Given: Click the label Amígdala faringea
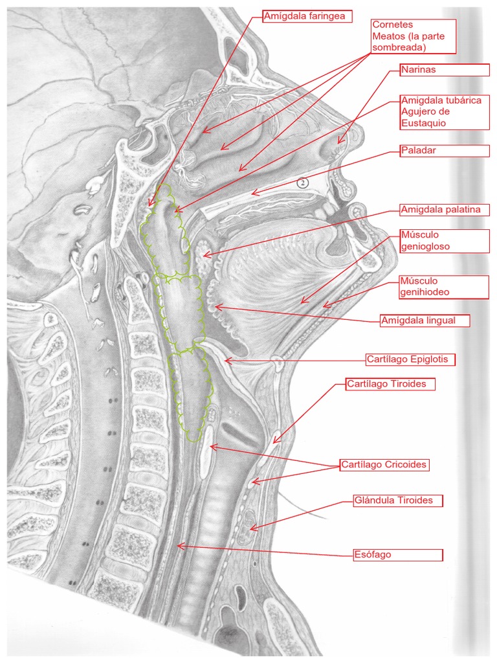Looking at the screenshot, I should (307, 16).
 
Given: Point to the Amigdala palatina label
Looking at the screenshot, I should (444, 210).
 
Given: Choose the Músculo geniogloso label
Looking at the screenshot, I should (443, 240).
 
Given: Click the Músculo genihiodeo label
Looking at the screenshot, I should (443, 287).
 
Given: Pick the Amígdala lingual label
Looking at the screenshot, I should (425, 320).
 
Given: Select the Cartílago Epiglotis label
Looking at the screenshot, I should (411, 359).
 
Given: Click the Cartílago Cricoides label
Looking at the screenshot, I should (384, 465).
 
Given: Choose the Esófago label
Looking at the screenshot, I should (397, 555).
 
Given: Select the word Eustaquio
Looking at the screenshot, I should (424, 122).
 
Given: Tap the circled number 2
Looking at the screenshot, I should (303, 183).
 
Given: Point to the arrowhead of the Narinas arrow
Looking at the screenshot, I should (338, 142).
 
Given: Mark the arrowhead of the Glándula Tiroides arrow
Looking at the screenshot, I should (250, 530).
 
